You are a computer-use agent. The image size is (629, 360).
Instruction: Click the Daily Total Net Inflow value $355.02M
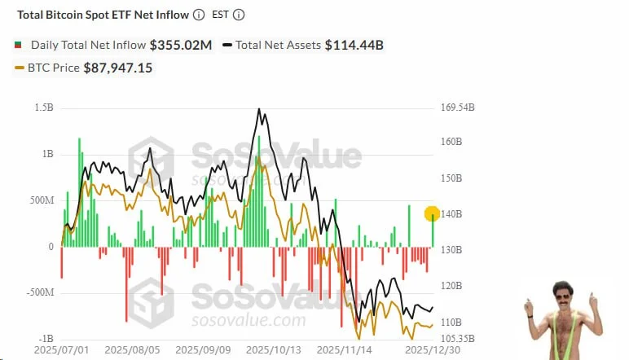[180, 45]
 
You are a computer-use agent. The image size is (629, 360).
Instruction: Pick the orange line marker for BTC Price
[20, 68]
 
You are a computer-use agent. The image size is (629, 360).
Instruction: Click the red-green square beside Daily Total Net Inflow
[18, 45]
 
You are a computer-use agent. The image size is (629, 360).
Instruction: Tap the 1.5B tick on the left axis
[44, 108]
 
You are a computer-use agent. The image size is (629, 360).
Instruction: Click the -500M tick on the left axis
[40, 292]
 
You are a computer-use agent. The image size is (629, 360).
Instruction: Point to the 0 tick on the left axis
[50, 246]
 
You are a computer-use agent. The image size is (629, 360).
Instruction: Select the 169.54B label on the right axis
[457, 108]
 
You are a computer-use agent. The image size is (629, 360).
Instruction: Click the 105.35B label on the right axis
[457, 338]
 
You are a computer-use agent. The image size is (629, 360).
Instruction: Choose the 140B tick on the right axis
[451, 214]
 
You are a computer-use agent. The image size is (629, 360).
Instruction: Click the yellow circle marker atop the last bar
[433, 213]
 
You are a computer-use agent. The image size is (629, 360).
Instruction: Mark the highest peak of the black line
[259, 108]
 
